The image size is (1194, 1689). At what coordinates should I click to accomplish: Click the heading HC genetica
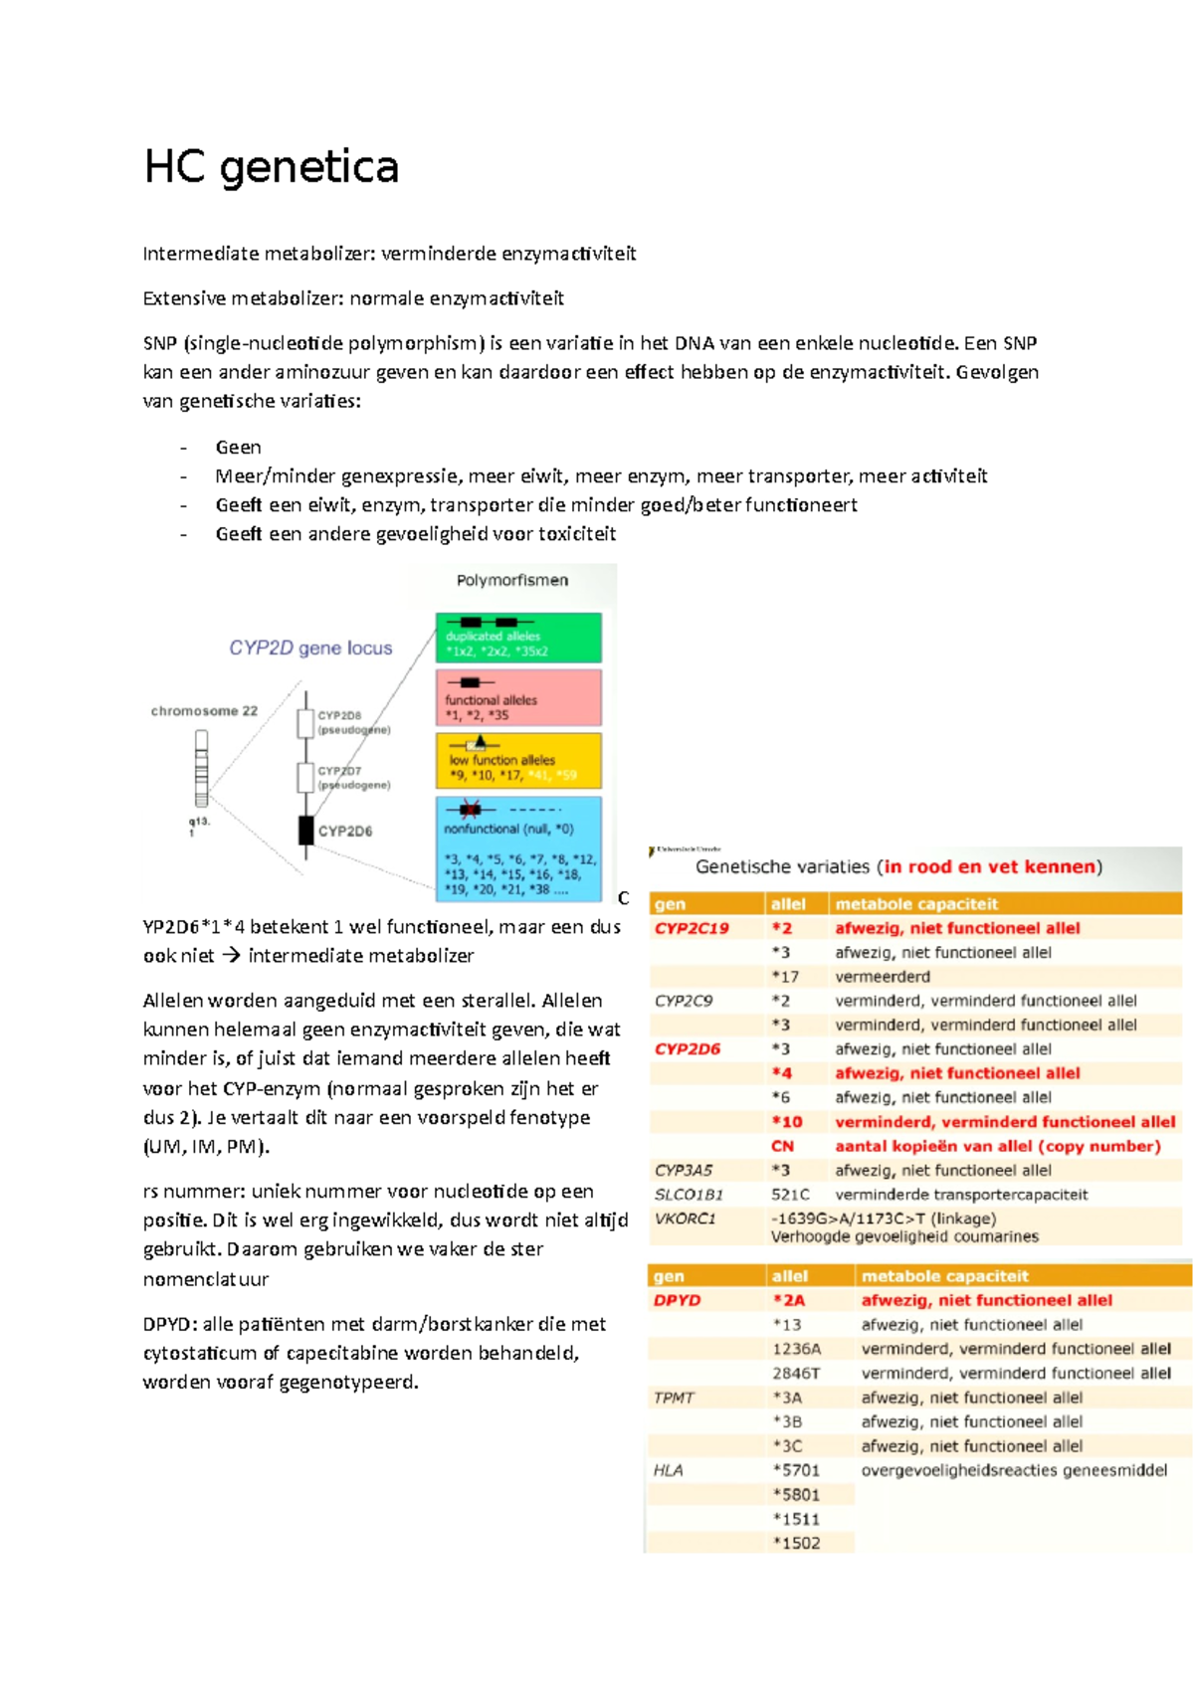click(x=271, y=166)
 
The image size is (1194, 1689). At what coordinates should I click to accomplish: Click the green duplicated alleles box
click(x=518, y=639)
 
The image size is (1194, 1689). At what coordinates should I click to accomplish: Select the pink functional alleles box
click(x=518, y=697)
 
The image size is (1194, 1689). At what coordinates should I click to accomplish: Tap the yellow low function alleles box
click(x=518, y=761)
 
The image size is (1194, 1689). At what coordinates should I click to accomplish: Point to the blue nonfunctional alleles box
click(x=518, y=848)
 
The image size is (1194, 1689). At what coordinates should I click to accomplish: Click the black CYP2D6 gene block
click(x=306, y=830)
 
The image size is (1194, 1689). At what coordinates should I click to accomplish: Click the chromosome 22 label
click(x=204, y=710)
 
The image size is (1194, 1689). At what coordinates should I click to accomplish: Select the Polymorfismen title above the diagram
click(x=512, y=580)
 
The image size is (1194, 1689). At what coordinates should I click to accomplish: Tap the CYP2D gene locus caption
click(x=310, y=648)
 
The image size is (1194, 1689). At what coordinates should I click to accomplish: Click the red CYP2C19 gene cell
click(x=692, y=928)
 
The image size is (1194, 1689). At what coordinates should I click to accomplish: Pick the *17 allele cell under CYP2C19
click(x=785, y=977)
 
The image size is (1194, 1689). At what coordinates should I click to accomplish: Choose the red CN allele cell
click(x=782, y=1146)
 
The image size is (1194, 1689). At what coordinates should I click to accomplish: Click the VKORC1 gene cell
click(x=685, y=1219)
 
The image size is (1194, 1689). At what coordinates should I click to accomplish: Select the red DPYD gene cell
click(x=677, y=1300)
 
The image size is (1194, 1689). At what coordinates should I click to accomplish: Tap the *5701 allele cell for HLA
click(x=796, y=1470)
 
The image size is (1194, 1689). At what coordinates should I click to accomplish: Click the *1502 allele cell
click(x=796, y=1543)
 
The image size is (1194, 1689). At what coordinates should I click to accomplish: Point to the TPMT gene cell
click(x=674, y=1398)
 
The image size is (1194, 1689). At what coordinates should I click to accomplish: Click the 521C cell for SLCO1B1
click(x=790, y=1195)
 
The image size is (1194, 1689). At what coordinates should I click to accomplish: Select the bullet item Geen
click(x=239, y=448)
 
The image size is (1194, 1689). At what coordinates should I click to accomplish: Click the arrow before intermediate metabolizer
click(x=231, y=956)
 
